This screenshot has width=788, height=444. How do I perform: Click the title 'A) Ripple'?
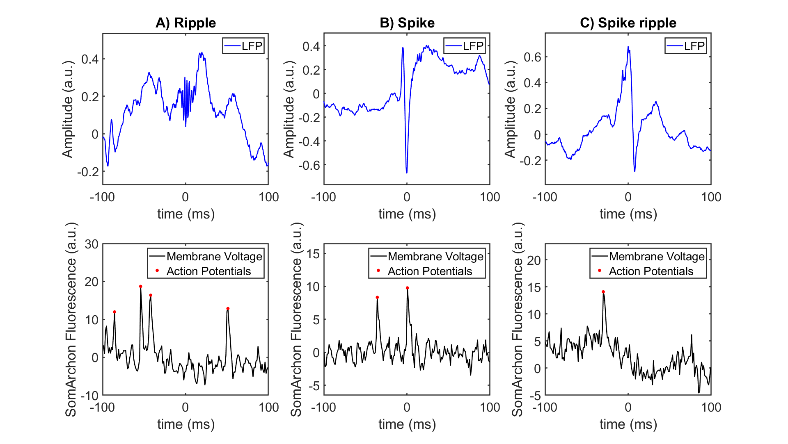click(186, 23)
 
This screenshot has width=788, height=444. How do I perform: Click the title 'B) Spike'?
click(407, 23)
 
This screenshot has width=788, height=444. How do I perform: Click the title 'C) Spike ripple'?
click(628, 23)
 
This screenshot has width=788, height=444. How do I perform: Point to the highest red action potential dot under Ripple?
click(140, 287)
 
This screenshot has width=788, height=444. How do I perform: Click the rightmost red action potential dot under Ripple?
click(228, 309)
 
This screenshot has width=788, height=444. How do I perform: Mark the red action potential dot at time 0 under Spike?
click(407, 288)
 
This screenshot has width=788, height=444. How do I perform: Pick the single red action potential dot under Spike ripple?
click(603, 292)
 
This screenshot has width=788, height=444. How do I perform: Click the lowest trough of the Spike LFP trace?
click(407, 173)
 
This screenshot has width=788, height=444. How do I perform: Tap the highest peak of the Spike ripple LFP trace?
click(628, 47)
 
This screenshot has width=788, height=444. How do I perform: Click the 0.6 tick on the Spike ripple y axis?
click(532, 57)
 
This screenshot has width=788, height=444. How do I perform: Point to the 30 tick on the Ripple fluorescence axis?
click(92, 244)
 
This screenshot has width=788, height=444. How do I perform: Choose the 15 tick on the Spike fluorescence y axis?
click(313, 254)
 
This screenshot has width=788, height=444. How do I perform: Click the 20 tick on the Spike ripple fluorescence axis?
click(534, 260)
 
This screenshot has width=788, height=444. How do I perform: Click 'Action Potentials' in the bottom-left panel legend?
click(208, 271)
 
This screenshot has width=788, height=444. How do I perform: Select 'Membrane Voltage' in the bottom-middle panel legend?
click(435, 257)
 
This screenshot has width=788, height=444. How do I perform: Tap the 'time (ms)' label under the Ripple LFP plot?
click(186, 214)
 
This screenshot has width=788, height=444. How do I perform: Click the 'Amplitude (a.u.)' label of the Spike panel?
click(289, 109)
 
